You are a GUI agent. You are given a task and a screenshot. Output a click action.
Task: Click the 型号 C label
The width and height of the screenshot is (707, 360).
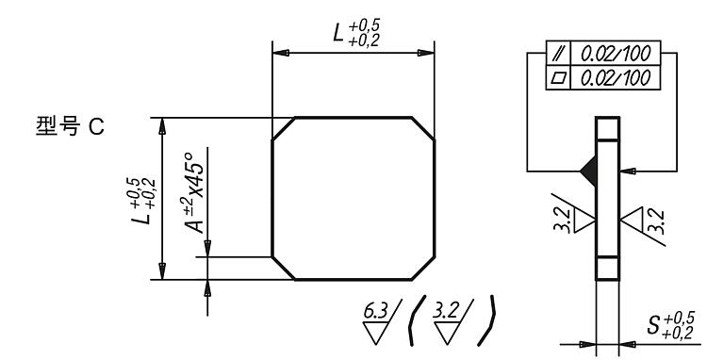click(x=70, y=126)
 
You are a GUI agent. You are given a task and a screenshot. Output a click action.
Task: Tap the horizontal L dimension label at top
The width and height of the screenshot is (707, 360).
click(x=356, y=32)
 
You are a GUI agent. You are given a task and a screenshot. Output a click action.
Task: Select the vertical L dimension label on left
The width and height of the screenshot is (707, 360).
click(x=143, y=201)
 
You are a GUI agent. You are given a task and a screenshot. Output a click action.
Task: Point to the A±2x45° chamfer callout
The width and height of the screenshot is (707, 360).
click(x=194, y=193)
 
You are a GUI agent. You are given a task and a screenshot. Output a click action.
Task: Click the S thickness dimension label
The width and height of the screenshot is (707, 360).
click(x=670, y=325)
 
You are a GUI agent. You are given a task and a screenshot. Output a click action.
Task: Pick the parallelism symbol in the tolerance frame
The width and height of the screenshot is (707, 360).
click(x=558, y=53)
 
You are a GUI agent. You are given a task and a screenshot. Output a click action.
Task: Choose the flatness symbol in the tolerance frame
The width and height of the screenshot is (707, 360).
click(x=558, y=78)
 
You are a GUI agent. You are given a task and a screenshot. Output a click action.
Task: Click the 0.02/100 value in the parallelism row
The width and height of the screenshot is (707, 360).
click(x=616, y=54)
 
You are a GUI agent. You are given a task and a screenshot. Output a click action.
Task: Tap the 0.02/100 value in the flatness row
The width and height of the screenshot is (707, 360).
click(x=616, y=78)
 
